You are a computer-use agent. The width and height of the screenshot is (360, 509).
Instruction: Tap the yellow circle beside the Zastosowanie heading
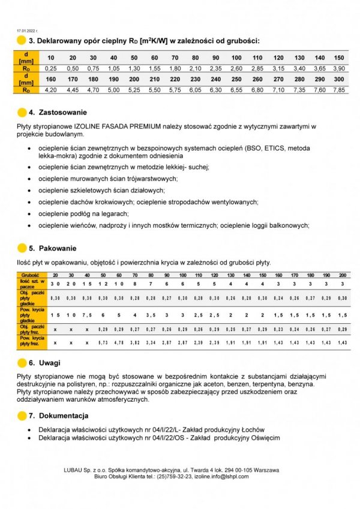pyautogui.click(x=22, y=112)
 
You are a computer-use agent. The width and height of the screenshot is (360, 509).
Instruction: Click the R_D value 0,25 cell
pyautogui.click(x=51, y=69)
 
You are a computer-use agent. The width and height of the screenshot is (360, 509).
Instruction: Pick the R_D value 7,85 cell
pyautogui.click(x=339, y=90)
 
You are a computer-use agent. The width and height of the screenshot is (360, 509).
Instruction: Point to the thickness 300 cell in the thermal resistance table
pyautogui.click(x=339, y=79)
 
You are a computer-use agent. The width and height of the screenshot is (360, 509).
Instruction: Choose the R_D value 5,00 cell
pyautogui.click(x=113, y=90)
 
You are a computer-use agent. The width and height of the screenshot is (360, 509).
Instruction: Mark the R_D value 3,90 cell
pyautogui.click(x=339, y=69)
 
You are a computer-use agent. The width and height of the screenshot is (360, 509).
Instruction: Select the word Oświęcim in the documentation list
pyautogui.click(x=262, y=437)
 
